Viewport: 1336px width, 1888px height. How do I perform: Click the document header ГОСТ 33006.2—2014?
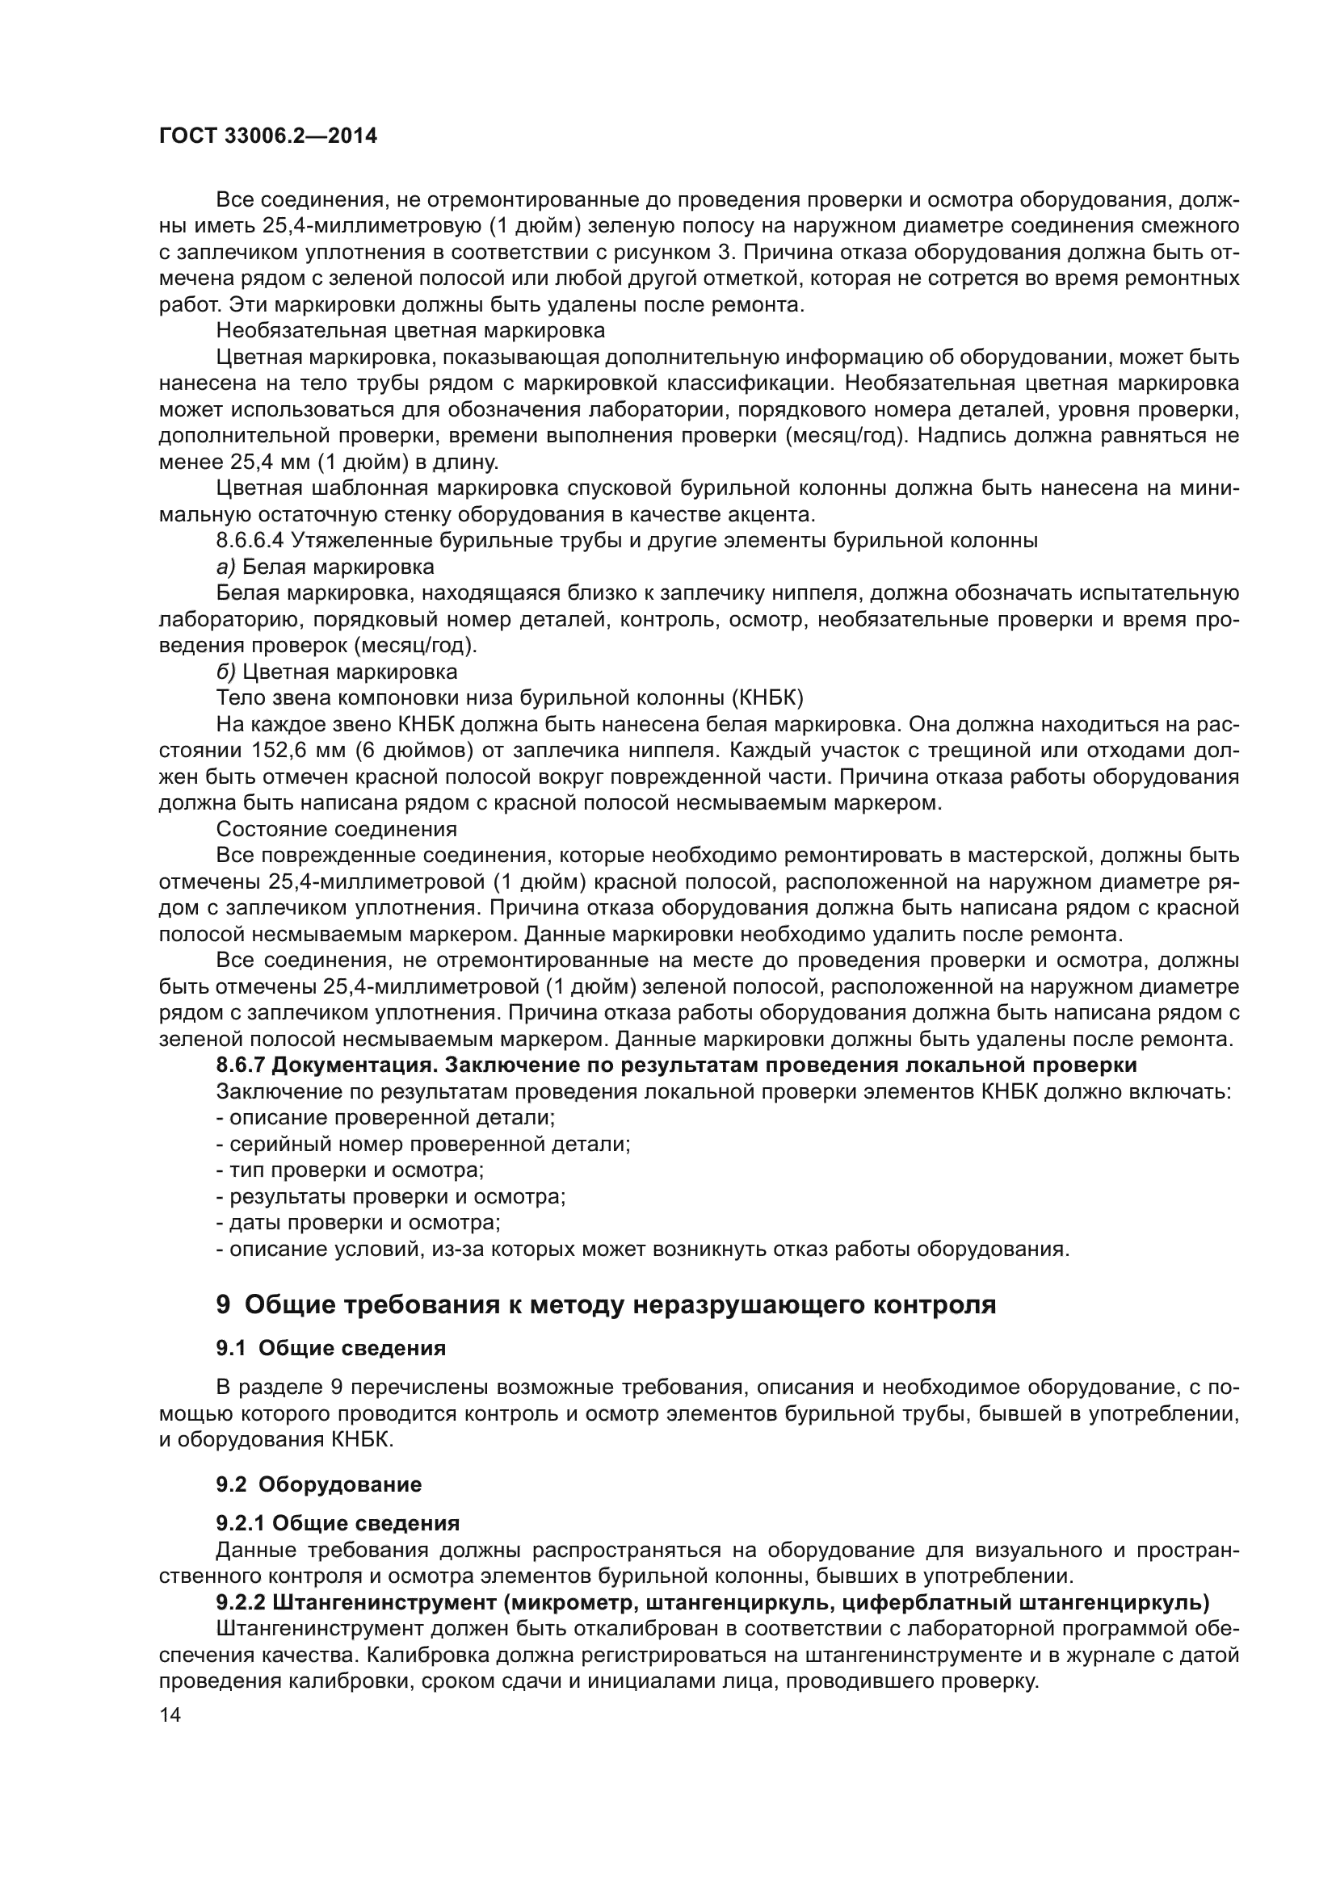(268, 136)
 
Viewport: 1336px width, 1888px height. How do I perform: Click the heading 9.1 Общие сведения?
(330, 1349)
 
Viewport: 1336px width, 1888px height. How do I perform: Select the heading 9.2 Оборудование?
(318, 1484)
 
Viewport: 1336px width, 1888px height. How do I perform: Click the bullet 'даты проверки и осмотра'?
(358, 1224)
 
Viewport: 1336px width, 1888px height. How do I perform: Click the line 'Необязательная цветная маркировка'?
(410, 331)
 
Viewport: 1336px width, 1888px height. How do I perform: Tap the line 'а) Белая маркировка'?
(325, 567)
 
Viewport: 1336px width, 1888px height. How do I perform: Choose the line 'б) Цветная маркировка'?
(337, 672)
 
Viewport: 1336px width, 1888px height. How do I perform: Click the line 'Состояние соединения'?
(337, 829)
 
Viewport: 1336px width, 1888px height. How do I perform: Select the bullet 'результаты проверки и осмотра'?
(391, 1197)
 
